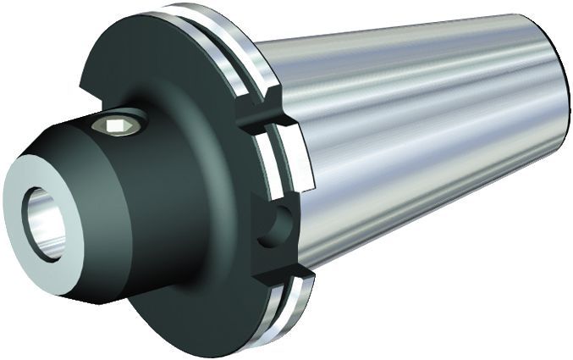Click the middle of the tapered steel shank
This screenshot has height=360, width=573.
coord(415,136)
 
